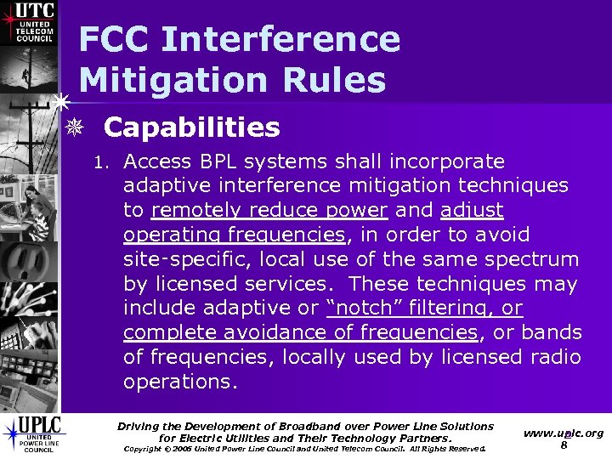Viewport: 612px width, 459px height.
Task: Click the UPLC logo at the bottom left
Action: point(31,433)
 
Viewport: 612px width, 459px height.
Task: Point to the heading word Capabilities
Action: point(191,127)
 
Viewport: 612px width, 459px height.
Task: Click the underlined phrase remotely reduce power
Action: point(269,210)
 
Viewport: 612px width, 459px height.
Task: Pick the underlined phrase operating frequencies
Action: point(234,235)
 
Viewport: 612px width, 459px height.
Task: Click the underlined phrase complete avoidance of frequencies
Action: point(300,332)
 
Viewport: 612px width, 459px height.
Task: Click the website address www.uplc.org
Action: point(563,433)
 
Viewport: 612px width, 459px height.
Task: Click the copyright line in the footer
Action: point(304,449)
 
